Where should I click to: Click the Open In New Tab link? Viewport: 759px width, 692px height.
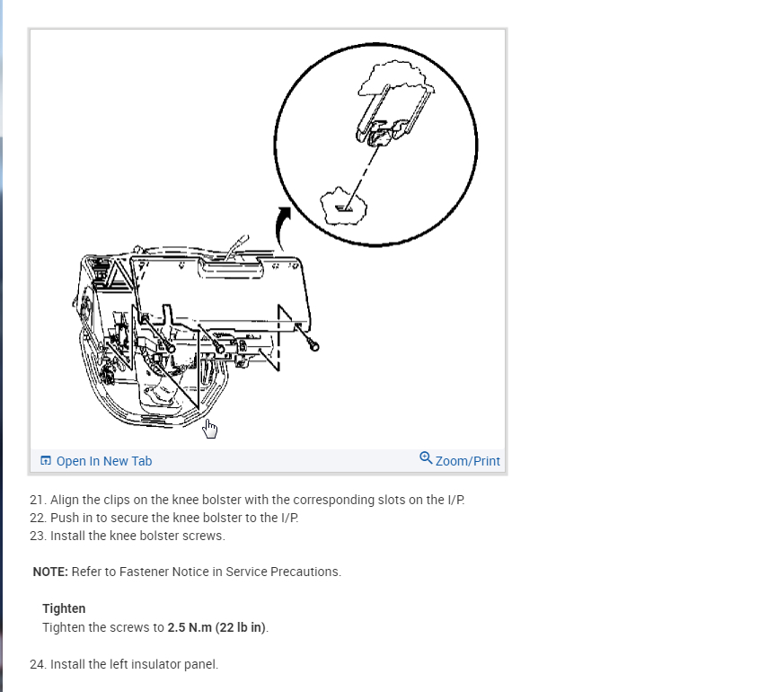coord(103,461)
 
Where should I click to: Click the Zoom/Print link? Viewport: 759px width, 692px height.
coord(467,461)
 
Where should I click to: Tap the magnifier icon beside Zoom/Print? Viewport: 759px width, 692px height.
coord(426,458)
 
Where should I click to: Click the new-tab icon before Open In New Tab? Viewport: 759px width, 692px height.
coord(46,461)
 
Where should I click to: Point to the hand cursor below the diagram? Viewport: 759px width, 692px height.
coord(210,429)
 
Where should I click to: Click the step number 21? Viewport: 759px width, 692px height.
coord(37,500)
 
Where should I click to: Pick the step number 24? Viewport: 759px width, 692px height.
coord(37,664)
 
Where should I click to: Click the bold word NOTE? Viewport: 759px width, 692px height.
coord(50,572)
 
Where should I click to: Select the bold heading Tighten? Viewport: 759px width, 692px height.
coord(64,608)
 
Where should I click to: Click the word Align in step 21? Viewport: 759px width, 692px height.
coord(66,500)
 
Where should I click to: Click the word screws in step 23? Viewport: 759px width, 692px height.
coord(204,536)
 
